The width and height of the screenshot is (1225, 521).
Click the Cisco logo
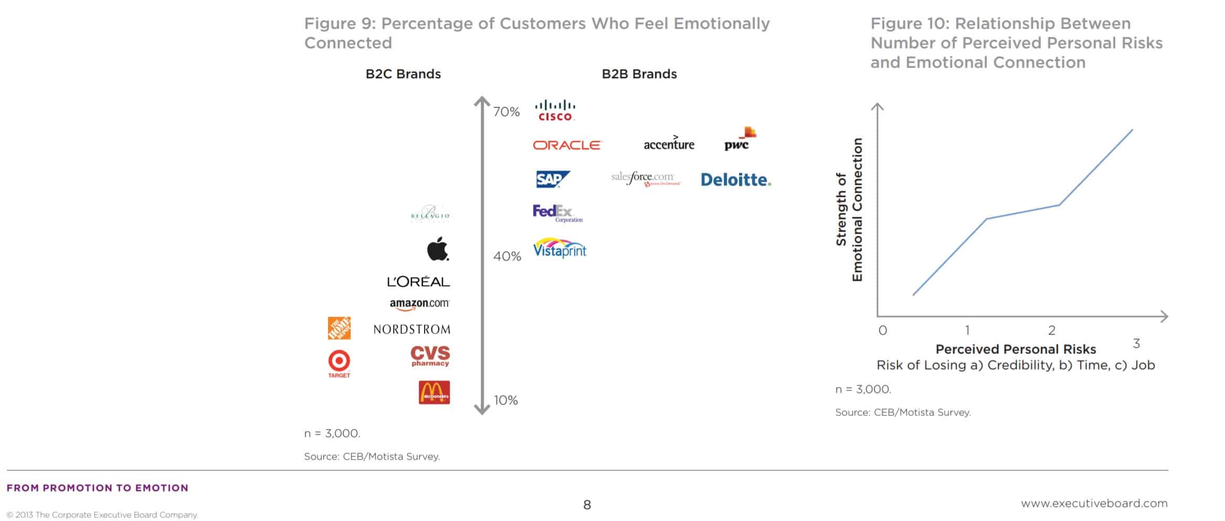[x=555, y=110]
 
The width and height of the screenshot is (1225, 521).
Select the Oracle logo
[x=567, y=145]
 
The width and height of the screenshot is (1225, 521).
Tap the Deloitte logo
[x=736, y=180]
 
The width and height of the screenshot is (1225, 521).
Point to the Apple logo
[x=438, y=248]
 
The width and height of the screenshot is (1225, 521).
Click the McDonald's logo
[x=434, y=392]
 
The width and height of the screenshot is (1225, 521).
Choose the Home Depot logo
[x=339, y=328]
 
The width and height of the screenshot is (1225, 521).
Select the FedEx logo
[x=557, y=213]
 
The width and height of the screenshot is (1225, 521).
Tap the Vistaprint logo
[x=559, y=248]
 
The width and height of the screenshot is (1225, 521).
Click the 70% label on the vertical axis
[x=506, y=112]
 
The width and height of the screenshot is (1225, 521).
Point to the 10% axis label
[x=505, y=400]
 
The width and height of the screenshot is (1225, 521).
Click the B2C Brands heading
[x=403, y=74]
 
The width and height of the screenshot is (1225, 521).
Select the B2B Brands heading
[x=639, y=74]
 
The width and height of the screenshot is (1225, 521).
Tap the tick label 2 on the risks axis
[x=1052, y=330]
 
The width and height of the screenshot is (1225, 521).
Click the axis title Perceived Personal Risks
[x=1016, y=349]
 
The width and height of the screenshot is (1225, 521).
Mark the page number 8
[x=587, y=505]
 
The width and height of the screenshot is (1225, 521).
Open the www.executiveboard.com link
[x=1094, y=503]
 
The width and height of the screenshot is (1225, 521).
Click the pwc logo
[x=739, y=140]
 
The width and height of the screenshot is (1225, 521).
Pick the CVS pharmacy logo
[x=430, y=356]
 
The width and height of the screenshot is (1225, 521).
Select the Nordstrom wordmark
[x=412, y=329]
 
